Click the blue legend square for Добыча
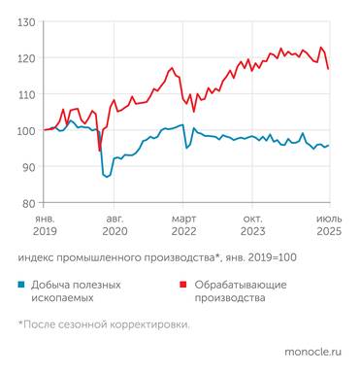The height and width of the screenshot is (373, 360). click(22, 285)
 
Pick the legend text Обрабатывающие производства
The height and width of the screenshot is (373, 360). click(244, 291)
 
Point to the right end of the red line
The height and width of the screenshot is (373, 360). click(329, 69)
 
